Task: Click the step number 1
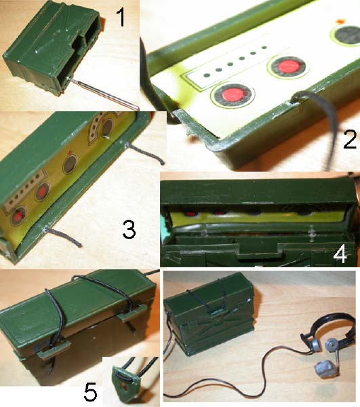121,17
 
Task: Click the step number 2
350,139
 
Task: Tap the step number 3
129,229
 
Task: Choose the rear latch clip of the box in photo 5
132,312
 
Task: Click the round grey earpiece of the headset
332,344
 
